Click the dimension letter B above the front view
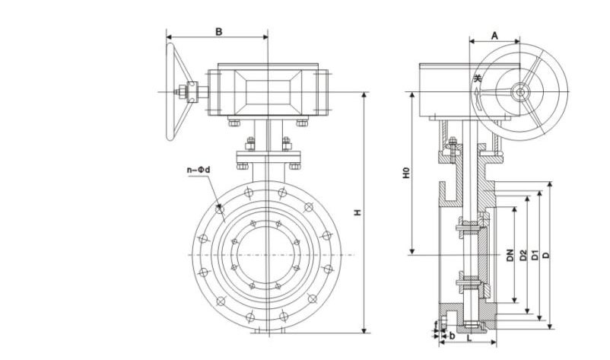(218, 31)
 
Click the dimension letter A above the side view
(494, 34)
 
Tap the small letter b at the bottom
(453, 335)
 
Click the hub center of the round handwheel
(520, 92)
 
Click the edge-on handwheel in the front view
(173, 92)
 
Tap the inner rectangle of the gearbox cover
(267, 91)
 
